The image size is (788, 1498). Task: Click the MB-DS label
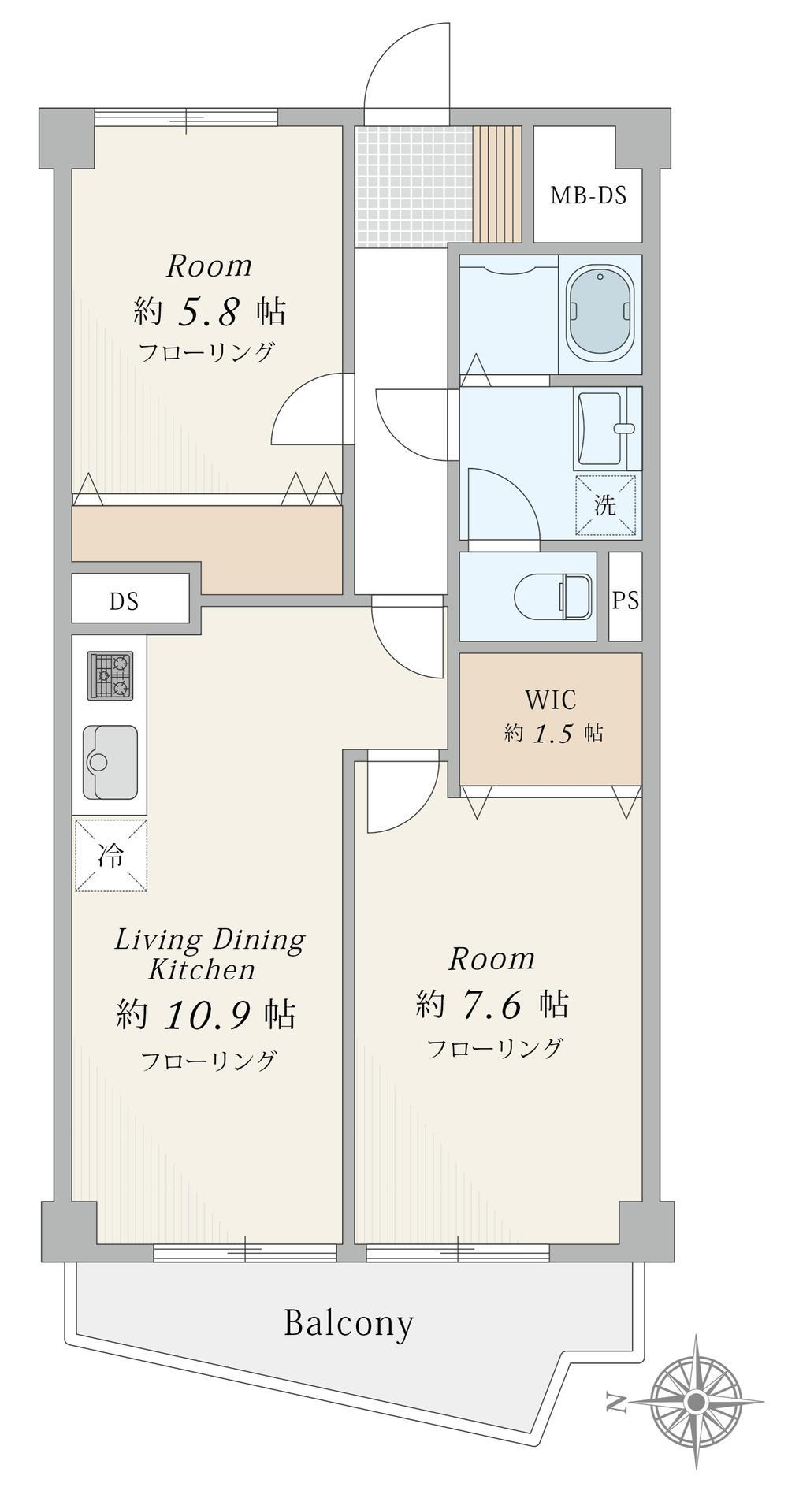pos(588,195)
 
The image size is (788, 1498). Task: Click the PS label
pos(626,600)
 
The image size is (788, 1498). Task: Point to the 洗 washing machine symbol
pos(605,505)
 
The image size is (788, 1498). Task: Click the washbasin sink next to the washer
pos(607,429)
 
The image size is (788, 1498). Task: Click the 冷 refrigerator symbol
pos(111,856)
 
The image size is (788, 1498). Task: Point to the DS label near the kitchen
pos(124,602)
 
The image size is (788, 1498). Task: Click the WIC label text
pos(550,699)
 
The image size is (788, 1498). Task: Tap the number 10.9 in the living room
pos(209,1017)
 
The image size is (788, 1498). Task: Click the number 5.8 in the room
pos(208,313)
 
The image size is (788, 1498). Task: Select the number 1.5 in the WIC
pos(552,734)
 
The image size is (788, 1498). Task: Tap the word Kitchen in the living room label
pos(203,969)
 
